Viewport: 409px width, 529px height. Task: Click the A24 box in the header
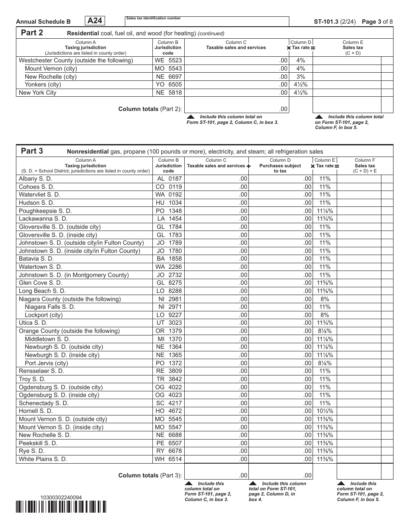[96, 21]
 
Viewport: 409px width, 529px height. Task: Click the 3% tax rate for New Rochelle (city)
[301, 77]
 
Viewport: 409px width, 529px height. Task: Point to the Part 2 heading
[32, 33]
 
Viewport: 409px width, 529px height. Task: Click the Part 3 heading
[32, 151]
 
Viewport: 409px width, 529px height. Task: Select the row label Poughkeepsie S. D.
[45, 211]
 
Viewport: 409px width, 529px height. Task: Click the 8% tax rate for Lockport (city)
[325, 315]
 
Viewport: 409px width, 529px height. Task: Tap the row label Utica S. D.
[33, 323]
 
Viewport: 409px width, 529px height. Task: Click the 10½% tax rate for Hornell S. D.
[325, 411]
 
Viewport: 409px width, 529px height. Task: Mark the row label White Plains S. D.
[43, 459]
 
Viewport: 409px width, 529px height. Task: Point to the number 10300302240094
[61, 497]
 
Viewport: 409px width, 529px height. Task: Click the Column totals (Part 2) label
[150, 109]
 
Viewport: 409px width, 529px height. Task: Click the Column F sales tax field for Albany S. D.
[365, 179]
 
